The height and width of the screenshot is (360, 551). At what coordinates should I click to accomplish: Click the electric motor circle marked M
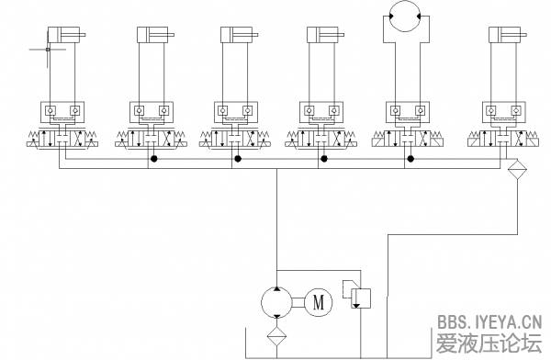[x=319, y=302]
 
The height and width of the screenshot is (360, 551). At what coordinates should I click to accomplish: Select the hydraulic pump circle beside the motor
[x=277, y=302]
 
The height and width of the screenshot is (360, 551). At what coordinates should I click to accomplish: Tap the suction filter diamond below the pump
[x=277, y=336]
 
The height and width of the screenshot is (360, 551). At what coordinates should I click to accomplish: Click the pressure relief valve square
[x=361, y=298]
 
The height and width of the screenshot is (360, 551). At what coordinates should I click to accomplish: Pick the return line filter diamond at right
[x=517, y=169]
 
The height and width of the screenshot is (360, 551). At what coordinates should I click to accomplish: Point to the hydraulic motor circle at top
[x=405, y=16]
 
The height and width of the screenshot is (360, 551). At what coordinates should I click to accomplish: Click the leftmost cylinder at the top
[x=67, y=35]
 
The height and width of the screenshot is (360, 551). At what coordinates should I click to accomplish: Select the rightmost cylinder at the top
[x=508, y=35]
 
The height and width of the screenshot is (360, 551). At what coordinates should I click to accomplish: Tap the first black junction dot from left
[x=153, y=159]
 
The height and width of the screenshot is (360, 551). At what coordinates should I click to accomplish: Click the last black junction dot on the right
[x=410, y=159]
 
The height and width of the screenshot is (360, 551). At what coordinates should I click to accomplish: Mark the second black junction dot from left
[x=238, y=159]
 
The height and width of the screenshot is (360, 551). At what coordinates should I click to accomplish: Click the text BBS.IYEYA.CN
[x=489, y=321]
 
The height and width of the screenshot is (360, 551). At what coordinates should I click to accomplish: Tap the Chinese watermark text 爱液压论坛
[x=489, y=343]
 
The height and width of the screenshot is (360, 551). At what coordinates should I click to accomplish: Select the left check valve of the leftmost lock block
[x=51, y=111]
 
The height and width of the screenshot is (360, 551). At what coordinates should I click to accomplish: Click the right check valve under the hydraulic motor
[x=420, y=111]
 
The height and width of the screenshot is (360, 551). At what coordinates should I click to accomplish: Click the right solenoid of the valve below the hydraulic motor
[x=438, y=142]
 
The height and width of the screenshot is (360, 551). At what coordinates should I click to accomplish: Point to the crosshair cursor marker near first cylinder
[x=48, y=50]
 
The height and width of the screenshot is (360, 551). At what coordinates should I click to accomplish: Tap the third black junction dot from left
[x=324, y=159]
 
